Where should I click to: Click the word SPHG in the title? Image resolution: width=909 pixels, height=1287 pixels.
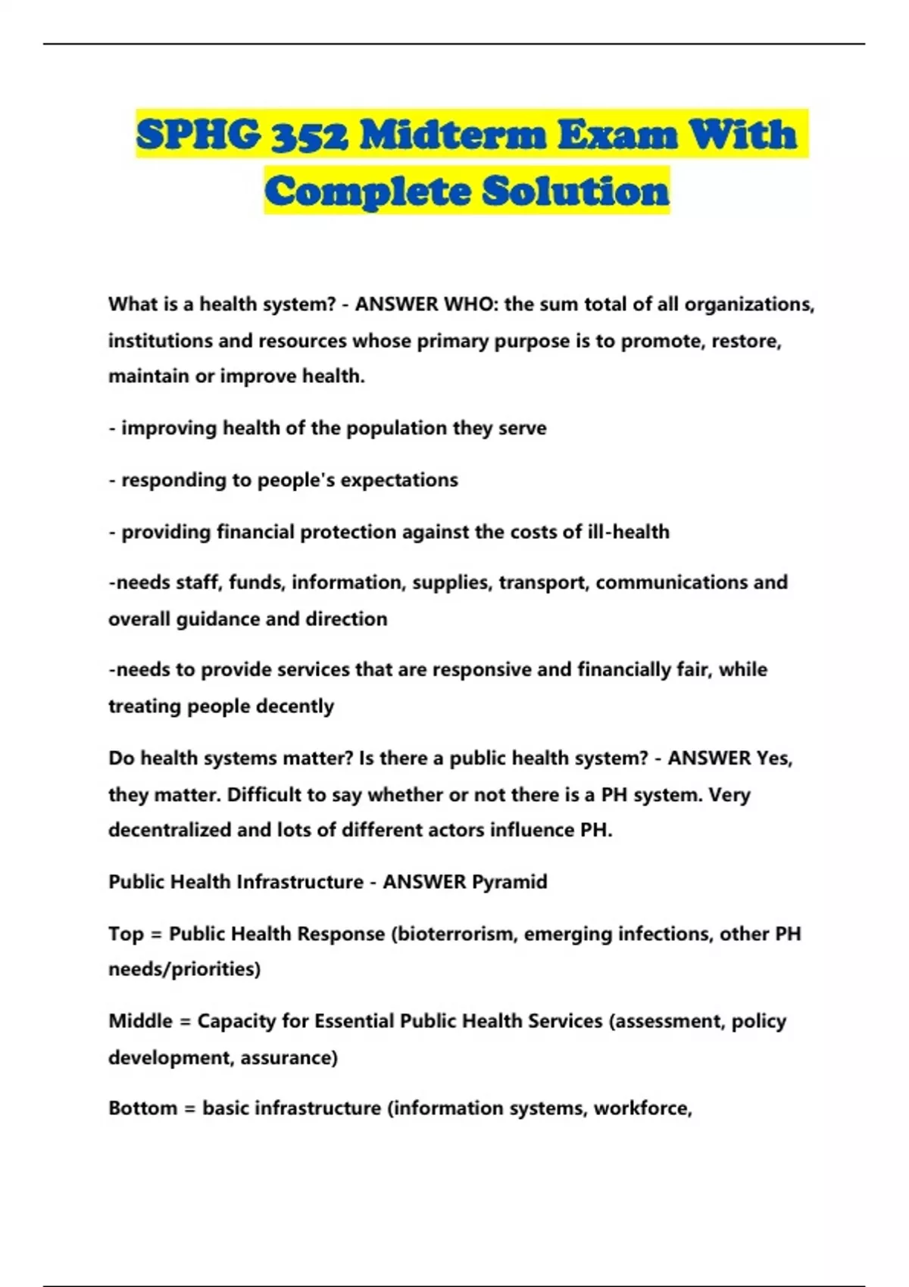tap(199, 135)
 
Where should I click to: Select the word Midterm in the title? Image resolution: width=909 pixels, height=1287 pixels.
tap(453, 135)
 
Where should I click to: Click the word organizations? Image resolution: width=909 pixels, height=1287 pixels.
tap(749, 304)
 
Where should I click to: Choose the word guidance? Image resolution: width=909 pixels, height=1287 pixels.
tap(218, 619)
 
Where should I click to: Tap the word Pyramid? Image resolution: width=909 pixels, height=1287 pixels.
tap(509, 882)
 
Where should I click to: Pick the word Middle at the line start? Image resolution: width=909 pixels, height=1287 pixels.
tap(140, 1021)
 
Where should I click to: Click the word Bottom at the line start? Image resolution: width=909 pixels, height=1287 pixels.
tap(142, 1108)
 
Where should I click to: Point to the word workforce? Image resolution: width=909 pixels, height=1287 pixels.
tap(642, 1108)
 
